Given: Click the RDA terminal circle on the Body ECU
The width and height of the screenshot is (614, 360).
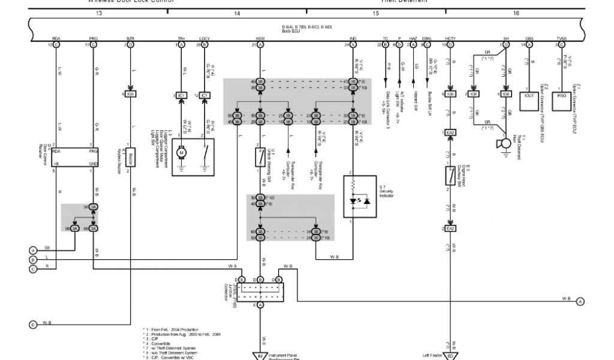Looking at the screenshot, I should click(x=56, y=44).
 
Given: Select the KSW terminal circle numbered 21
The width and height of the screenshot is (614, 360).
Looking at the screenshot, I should click(x=260, y=44).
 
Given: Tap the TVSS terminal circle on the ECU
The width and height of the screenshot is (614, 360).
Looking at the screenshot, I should click(x=562, y=44).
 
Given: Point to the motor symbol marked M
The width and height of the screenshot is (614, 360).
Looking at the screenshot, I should click(x=181, y=152).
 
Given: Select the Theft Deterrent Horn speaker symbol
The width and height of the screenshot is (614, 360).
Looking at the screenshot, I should click(x=499, y=143).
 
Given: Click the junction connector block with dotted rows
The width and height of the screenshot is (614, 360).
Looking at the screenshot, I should click(x=260, y=293).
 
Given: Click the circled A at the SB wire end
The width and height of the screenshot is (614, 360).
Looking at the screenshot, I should click(x=33, y=250).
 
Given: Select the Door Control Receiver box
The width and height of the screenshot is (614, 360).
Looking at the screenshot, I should click(x=73, y=157).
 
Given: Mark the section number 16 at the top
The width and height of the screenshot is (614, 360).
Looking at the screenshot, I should click(x=516, y=12).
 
